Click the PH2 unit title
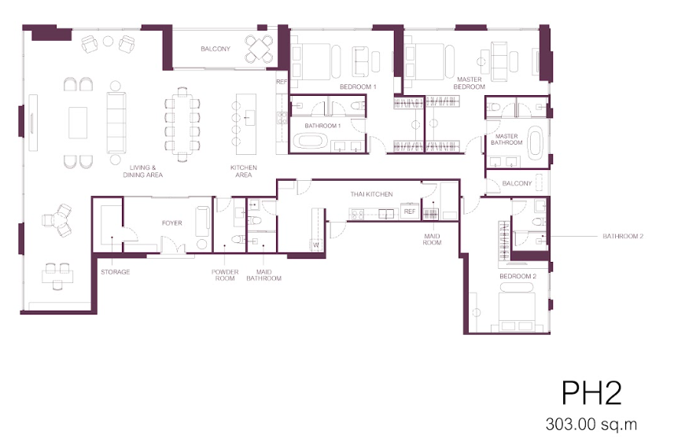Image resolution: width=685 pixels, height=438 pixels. click(591, 393)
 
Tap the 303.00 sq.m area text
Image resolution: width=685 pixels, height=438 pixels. click(591, 424)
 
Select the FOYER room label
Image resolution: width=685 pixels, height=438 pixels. click(171, 223)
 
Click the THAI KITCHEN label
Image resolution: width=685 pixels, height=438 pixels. click(371, 194)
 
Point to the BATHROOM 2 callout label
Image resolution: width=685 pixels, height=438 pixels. click(623, 236)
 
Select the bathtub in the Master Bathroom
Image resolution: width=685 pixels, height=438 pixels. click(535, 143)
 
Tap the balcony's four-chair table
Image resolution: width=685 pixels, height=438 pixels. click(259, 49)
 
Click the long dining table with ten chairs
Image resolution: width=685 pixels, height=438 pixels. click(182, 124)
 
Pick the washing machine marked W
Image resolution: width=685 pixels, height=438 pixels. click(316, 245)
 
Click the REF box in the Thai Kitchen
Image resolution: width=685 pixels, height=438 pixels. click(410, 212)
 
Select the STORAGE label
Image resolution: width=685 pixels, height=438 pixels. click(116, 272)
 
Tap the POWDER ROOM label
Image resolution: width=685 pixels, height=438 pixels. click(225, 275)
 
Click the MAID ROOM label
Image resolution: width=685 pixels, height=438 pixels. click(432, 239)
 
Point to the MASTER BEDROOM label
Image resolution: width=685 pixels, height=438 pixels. click(470, 83)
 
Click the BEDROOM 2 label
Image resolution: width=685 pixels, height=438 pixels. click(517, 277)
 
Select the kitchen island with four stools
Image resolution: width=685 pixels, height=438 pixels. click(245, 124)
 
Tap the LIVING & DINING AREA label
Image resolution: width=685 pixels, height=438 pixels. click(143, 171)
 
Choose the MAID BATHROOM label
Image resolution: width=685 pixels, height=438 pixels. click(264, 275)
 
